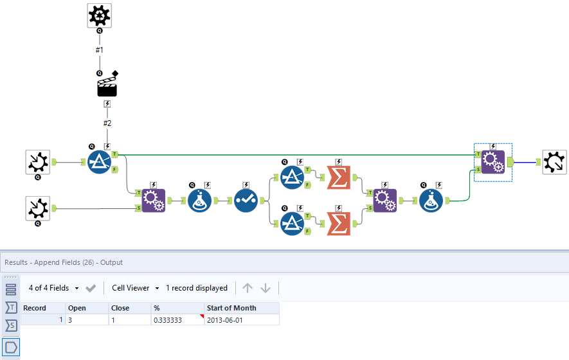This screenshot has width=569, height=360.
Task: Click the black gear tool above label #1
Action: pyautogui.click(x=100, y=15)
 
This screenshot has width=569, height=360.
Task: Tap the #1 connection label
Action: pyautogui.click(x=100, y=50)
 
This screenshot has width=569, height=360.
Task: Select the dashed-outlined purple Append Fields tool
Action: pyautogui.click(x=492, y=162)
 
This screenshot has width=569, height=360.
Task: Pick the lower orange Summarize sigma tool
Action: pyautogui.click(x=339, y=224)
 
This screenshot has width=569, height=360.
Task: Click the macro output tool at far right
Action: pyautogui.click(x=554, y=162)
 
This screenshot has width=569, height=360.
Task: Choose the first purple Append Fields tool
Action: pyautogui.click(x=154, y=200)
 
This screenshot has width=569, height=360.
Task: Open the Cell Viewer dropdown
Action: pyautogui.click(x=135, y=288)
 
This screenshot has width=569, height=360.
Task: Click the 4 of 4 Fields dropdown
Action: pyautogui.click(x=54, y=288)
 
